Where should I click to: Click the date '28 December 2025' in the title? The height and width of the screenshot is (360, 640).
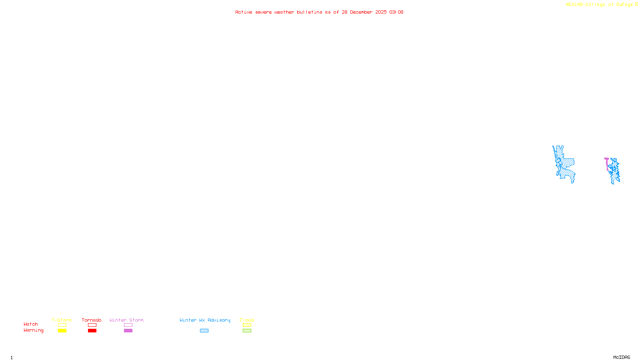364,12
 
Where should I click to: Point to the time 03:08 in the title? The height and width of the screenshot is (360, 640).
396,12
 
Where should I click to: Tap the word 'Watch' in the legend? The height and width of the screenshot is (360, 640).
31,324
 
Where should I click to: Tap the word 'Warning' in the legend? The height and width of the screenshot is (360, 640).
33,330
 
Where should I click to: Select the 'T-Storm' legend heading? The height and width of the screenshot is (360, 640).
62,320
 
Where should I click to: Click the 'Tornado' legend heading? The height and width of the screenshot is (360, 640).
92,320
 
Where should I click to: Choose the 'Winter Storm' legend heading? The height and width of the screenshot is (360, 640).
126,320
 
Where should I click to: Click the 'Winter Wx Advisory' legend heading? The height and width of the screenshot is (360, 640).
205,320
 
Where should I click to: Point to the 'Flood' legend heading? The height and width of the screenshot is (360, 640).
247,320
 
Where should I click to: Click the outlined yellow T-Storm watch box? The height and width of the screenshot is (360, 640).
62,325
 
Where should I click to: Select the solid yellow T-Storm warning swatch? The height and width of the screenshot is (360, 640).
62,331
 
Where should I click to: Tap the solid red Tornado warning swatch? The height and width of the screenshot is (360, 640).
92,331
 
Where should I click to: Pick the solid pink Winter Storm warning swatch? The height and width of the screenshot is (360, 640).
128,331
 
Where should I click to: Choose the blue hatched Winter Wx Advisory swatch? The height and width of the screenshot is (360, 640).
204,331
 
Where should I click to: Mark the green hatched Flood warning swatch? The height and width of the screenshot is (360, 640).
247,331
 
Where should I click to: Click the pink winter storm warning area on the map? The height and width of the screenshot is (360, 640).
607,160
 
